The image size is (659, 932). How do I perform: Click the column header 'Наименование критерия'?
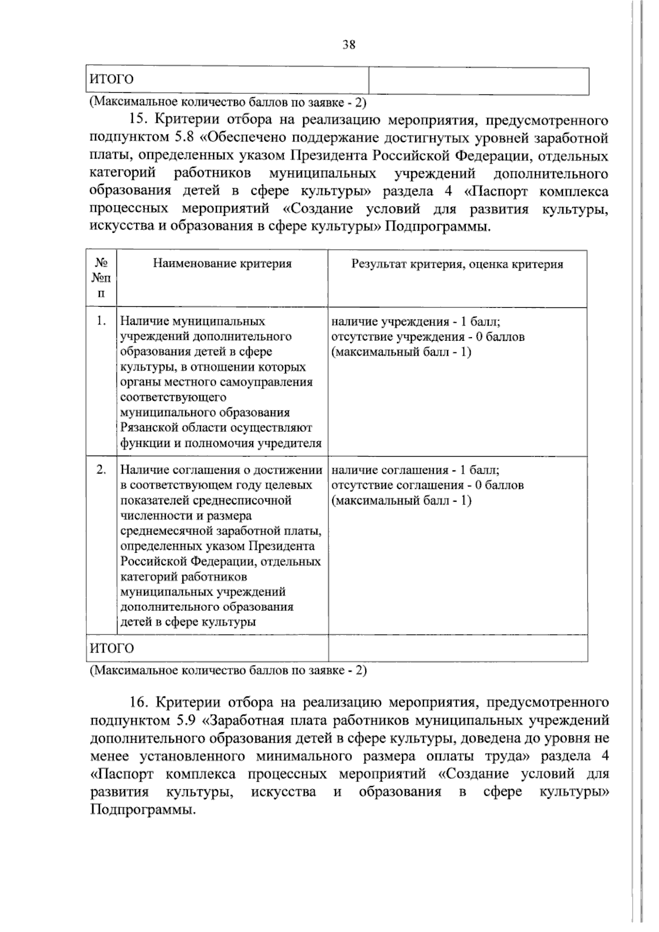(x=222, y=264)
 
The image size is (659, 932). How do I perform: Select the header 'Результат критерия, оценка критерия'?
(x=457, y=264)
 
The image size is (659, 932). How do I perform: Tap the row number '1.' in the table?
(x=101, y=321)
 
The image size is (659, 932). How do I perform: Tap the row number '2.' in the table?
(x=101, y=470)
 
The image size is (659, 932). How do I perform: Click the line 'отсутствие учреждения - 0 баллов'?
(x=428, y=336)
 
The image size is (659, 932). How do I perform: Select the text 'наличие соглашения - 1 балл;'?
(x=415, y=470)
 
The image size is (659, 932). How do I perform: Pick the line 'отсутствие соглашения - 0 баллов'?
(x=427, y=485)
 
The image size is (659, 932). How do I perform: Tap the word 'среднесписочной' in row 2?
(x=247, y=501)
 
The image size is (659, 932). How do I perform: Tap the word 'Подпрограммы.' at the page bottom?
(x=143, y=810)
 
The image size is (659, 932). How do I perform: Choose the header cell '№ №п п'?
(x=101, y=278)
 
